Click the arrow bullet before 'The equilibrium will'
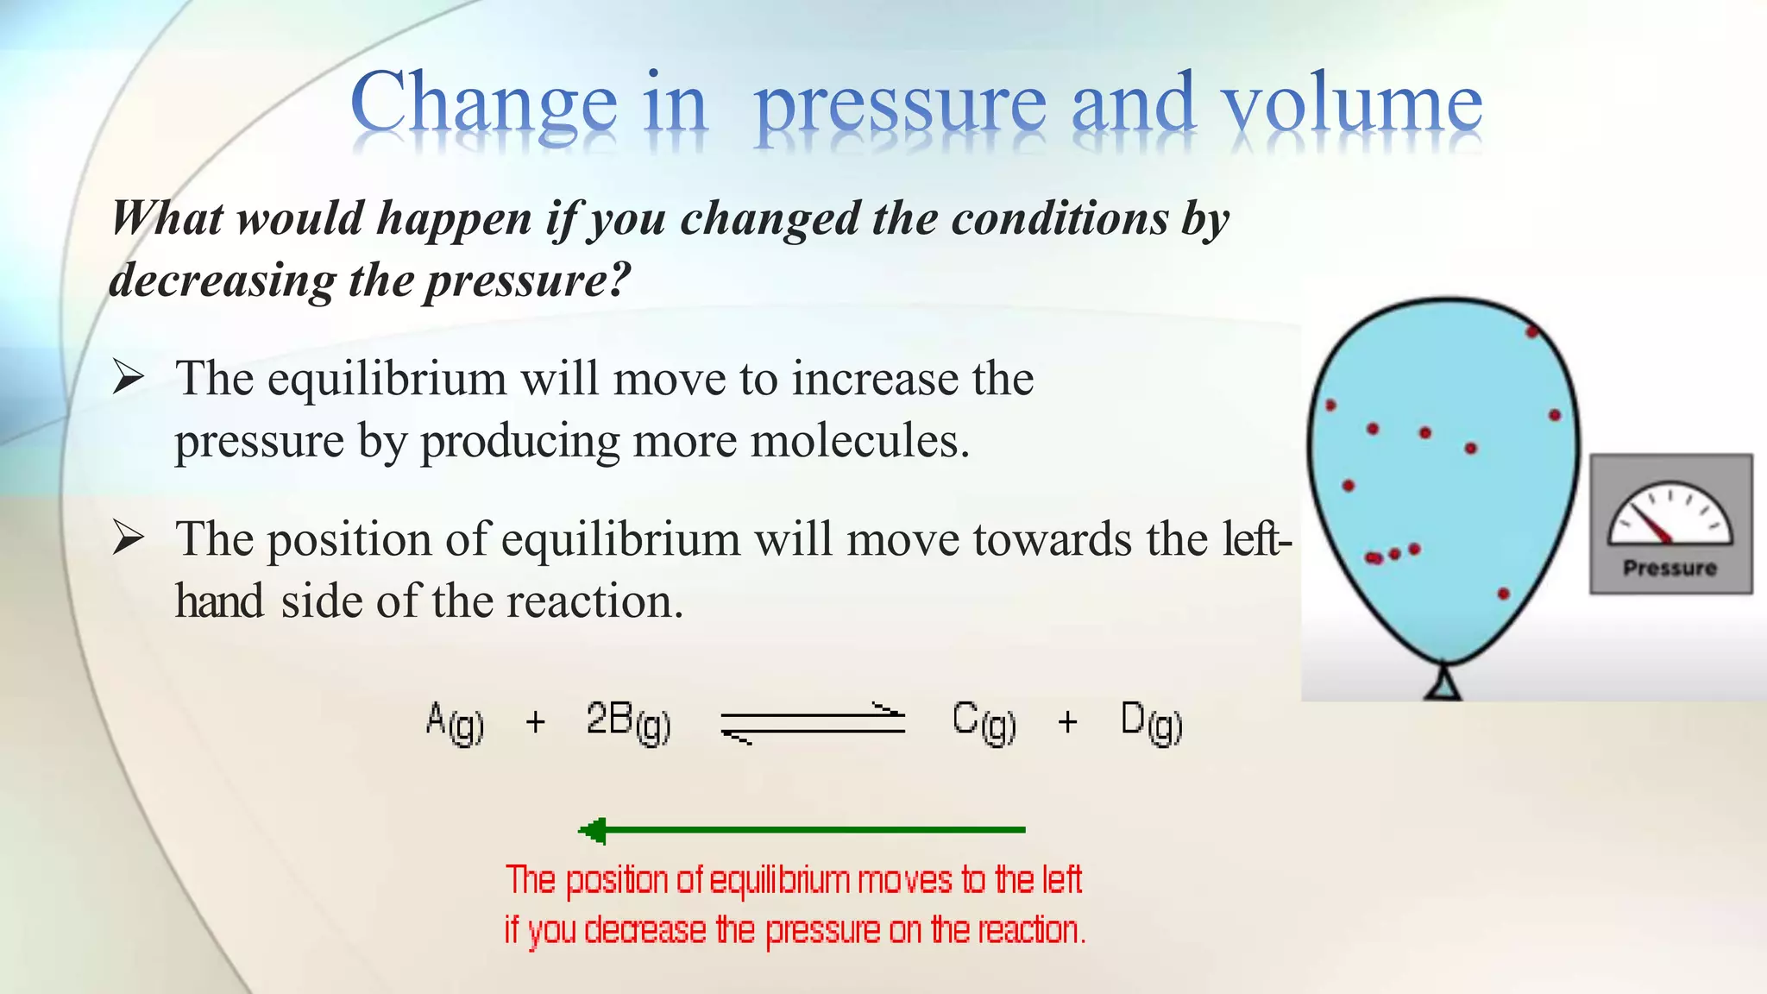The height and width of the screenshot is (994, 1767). click(128, 377)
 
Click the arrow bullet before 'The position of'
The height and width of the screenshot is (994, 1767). click(128, 538)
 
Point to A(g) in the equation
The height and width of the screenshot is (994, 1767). click(455, 722)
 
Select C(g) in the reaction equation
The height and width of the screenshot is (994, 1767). click(984, 722)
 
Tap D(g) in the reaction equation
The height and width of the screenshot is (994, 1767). click(1151, 722)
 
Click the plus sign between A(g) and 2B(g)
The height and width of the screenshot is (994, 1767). click(535, 721)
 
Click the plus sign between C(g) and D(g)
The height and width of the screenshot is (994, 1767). click(1067, 721)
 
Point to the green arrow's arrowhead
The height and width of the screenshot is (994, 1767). click(593, 831)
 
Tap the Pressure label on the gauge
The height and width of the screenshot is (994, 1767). click(1670, 568)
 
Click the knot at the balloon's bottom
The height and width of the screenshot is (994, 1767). click(1443, 683)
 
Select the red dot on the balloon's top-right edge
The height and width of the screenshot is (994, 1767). click(1532, 331)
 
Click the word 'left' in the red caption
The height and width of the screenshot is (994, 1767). click(1061, 880)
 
